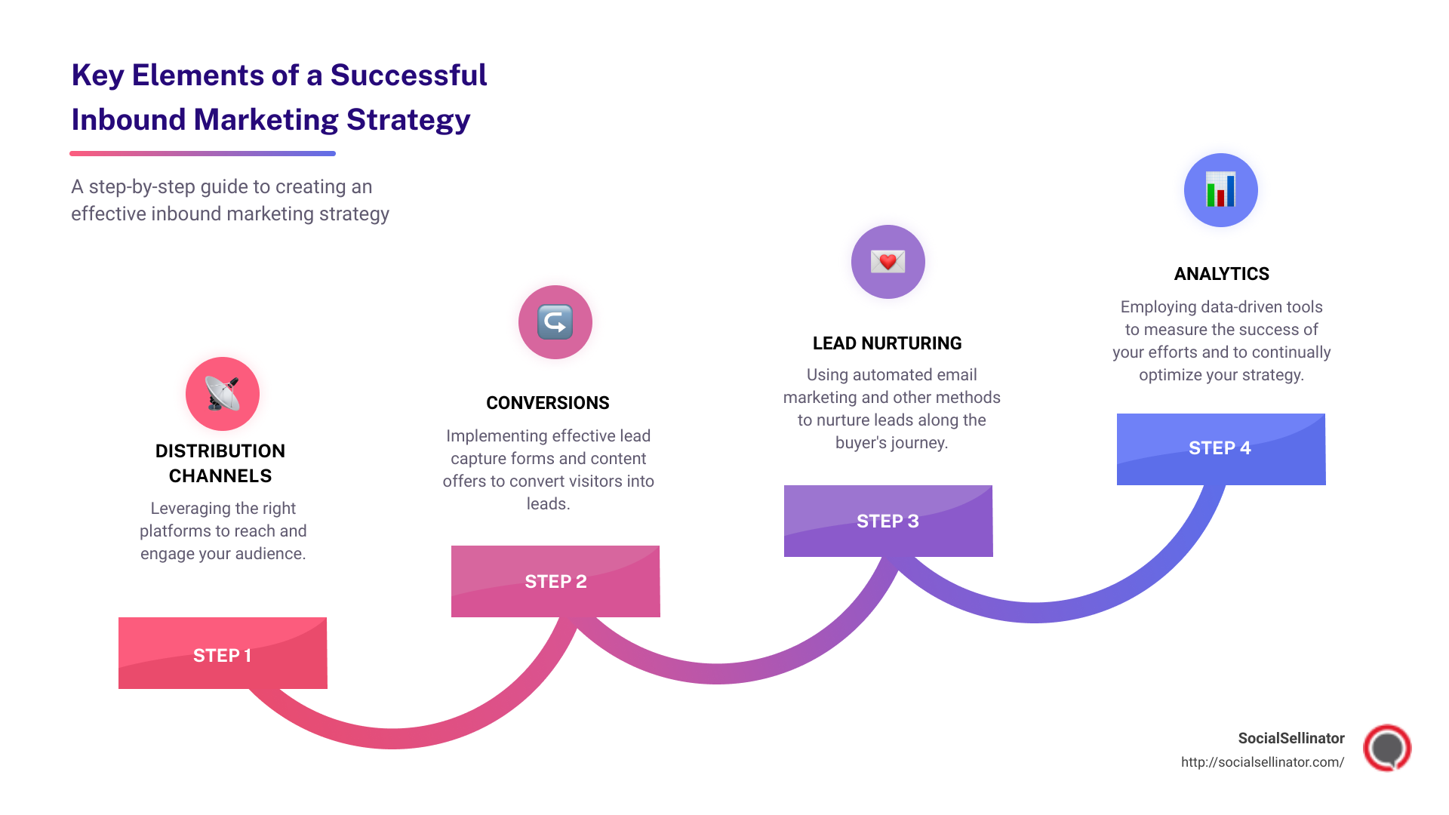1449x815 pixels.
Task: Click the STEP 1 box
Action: tap(223, 654)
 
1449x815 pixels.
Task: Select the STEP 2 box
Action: tap(555, 581)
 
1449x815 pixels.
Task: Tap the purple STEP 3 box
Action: tap(888, 521)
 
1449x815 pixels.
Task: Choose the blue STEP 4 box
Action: tap(1220, 448)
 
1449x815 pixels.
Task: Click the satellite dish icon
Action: tap(223, 394)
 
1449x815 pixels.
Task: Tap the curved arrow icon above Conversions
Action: tap(555, 322)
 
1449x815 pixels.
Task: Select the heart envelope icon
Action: tap(888, 262)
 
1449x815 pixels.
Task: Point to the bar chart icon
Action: tap(1220, 190)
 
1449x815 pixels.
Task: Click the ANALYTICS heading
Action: tap(1221, 274)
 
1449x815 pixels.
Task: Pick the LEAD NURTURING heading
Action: tap(887, 343)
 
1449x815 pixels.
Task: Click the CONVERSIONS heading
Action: tap(547, 403)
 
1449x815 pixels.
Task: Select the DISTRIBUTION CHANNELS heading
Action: tap(220, 463)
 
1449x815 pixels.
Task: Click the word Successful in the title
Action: tap(408, 75)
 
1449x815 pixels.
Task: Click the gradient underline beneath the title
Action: tap(202, 153)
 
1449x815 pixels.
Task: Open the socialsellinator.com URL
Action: tap(1262, 762)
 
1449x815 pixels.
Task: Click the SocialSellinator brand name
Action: tap(1291, 738)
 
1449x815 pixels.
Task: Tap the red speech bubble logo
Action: tap(1386, 748)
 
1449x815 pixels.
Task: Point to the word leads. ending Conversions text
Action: tap(548, 504)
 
